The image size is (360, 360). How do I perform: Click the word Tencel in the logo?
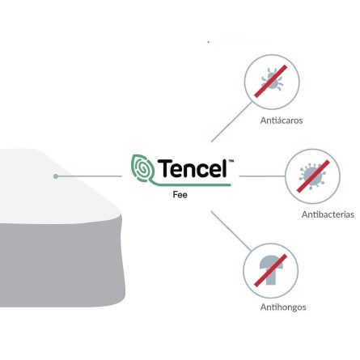tap(192, 168)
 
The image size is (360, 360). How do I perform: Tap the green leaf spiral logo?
tap(142, 168)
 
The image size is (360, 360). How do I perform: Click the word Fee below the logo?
tap(180, 195)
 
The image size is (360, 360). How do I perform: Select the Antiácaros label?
tap(282, 121)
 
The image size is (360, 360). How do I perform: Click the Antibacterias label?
tap(328, 214)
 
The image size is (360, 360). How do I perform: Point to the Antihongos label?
tap(283, 307)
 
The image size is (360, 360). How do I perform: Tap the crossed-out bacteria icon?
tap(313, 176)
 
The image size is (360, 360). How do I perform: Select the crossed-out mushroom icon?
tap(271, 270)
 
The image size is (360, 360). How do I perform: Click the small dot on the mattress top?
tap(56, 176)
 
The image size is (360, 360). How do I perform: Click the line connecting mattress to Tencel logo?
tap(89, 176)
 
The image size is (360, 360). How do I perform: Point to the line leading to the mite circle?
tap(232, 121)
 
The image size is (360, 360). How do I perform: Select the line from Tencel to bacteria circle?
tap(262, 176)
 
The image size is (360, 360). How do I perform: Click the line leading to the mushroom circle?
tap(231, 231)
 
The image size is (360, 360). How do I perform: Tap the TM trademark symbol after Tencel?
tap(231, 161)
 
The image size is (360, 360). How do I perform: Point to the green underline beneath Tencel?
tap(188, 184)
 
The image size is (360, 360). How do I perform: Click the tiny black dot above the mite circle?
tap(209, 42)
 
